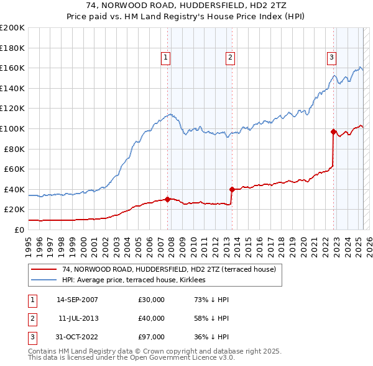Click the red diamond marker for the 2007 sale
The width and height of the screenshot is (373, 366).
[x=168, y=199]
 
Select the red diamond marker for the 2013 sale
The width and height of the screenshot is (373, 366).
[x=232, y=189]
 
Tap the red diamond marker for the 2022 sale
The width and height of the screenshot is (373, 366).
[x=334, y=132]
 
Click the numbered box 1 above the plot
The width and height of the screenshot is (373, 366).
[x=166, y=58]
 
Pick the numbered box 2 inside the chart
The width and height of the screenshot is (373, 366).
[x=230, y=58]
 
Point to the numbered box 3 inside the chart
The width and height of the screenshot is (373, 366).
[x=332, y=58]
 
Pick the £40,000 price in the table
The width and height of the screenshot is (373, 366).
[x=152, y=318]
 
